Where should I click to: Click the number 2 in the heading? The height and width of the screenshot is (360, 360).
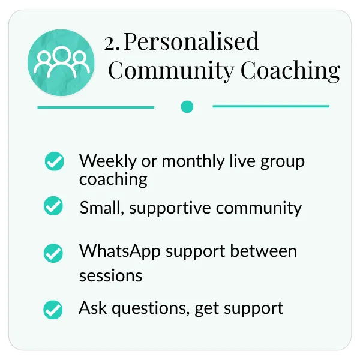[x=110, y=43]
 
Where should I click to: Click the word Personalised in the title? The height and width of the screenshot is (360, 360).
[x=191, y=41]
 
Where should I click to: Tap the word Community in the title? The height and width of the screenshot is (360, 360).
[x=171, y=70]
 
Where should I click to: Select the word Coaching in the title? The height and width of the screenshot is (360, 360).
[x=290, y=70]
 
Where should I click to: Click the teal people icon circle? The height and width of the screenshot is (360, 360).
[x=61, y=62]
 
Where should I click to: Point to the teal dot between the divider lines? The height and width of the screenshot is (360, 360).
[x=187, y=107]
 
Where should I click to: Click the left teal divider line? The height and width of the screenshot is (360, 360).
[x=96, y=107]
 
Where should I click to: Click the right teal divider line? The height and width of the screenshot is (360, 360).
[x=271, y=106]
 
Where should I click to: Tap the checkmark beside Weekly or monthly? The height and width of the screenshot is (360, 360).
[x=54, y=161]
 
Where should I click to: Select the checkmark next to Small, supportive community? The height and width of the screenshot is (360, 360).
[x=53, y=206]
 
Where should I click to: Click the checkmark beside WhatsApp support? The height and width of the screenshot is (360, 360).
[x=53, y=253]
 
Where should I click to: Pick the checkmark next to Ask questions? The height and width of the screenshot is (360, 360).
[x=53, y=310]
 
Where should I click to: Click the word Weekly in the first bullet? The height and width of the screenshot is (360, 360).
[x=108, y=161]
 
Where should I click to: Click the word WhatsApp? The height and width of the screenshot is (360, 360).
[x=120, y=251]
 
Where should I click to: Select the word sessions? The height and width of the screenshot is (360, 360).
[x=110, y=275]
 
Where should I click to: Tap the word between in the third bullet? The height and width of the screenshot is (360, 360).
[x=263, y=251]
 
